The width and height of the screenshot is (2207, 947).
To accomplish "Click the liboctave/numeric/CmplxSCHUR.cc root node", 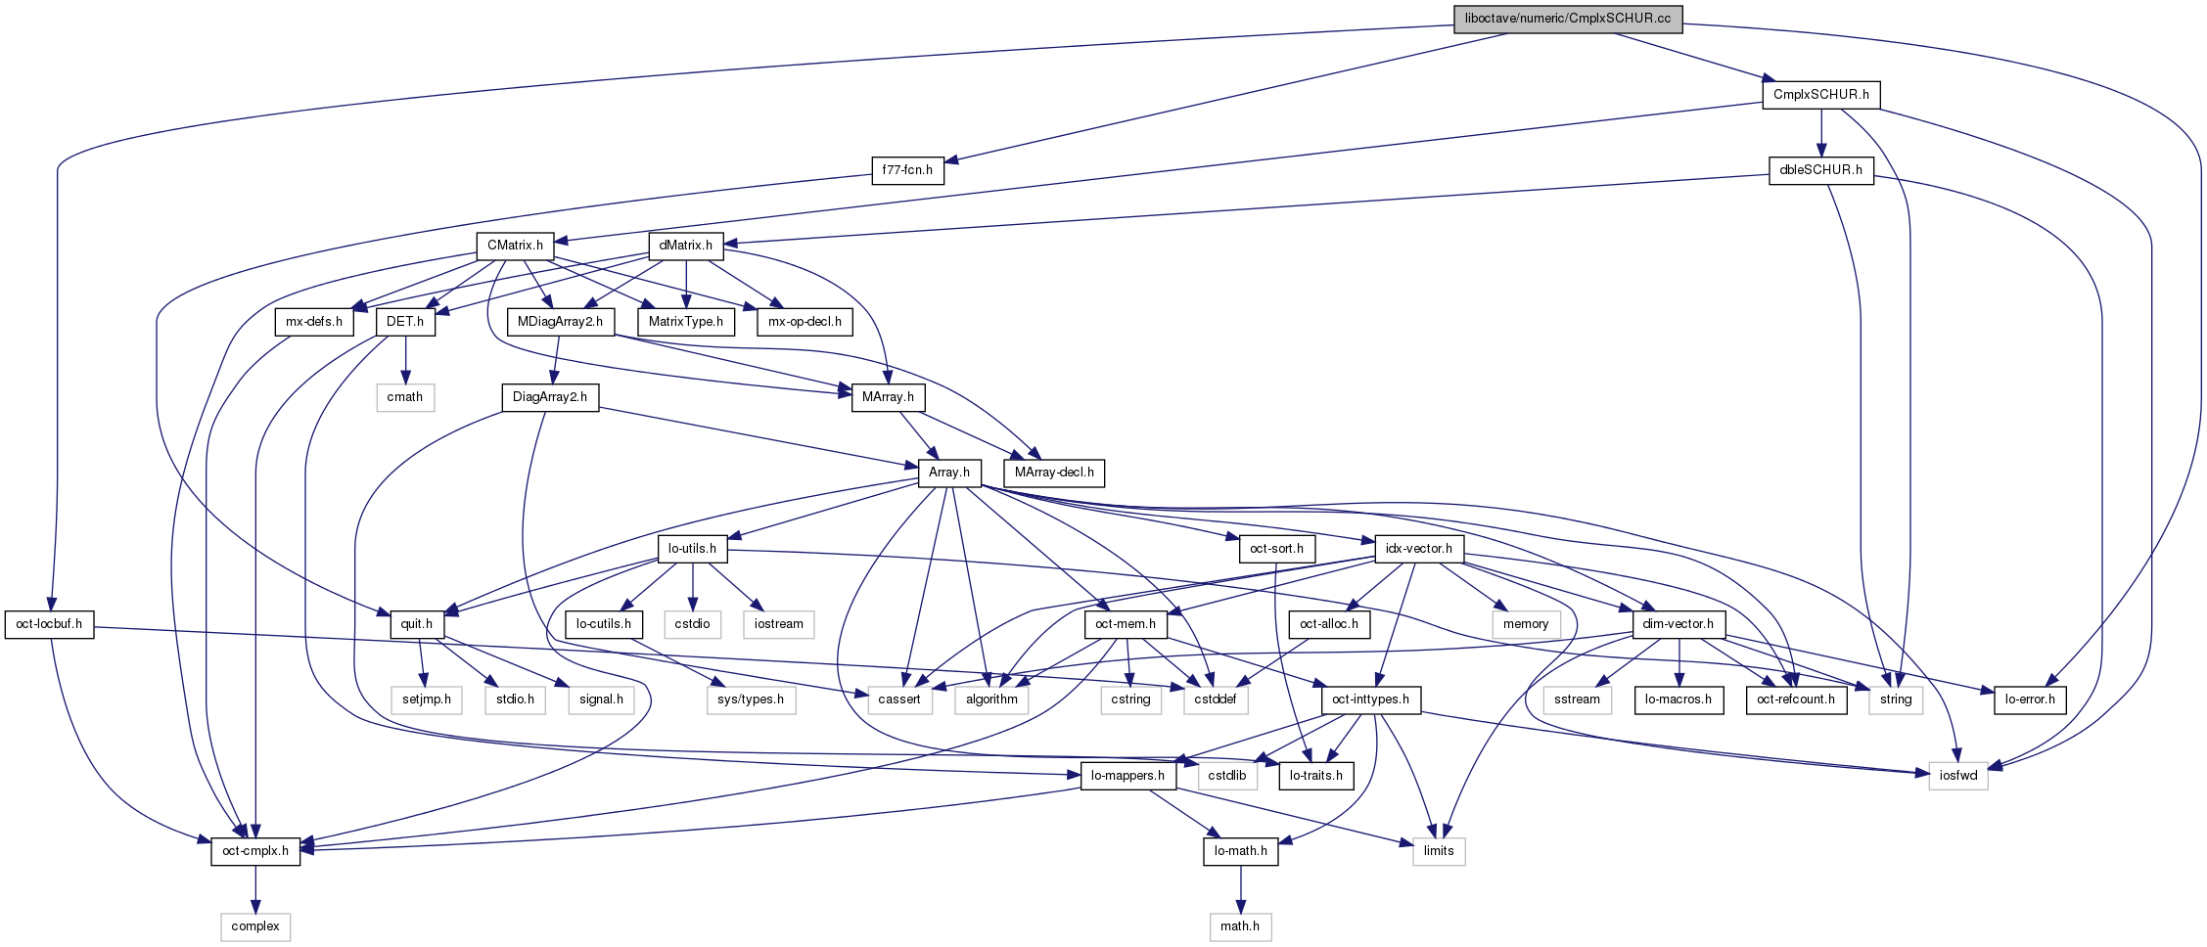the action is [1568, 19].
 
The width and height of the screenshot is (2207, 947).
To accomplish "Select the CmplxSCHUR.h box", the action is [1820, 95].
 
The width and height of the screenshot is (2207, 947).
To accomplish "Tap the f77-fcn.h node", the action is [907, 170].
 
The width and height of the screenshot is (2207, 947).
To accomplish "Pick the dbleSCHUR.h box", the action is [1820, 170].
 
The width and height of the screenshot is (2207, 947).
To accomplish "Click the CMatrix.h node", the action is [515, 246].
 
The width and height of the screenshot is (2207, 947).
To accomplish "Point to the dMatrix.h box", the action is [686, 246].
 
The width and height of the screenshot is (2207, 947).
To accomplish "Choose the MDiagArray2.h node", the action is [561, 321].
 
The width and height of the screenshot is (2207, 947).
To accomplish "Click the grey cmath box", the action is [405, 397].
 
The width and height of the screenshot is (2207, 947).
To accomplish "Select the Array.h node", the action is [949, 473].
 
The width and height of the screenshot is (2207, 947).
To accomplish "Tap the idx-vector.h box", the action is [1419, 549].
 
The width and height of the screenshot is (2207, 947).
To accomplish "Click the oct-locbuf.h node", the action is [49, 624].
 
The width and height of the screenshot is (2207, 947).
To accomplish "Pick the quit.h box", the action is [417, 624].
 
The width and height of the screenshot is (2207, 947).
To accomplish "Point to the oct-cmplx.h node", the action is [255, 851].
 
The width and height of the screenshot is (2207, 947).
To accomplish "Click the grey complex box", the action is [255, 926].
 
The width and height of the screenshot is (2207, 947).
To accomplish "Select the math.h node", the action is [1240, 926].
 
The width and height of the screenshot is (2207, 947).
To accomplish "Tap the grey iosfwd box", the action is [1958, 776].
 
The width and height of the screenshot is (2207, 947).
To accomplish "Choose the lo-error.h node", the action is [2030, 699].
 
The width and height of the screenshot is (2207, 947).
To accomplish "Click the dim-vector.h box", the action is [1678, 624].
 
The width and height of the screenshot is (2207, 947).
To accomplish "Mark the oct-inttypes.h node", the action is [1370, 699].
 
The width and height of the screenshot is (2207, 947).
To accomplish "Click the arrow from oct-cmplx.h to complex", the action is [255, 888].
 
